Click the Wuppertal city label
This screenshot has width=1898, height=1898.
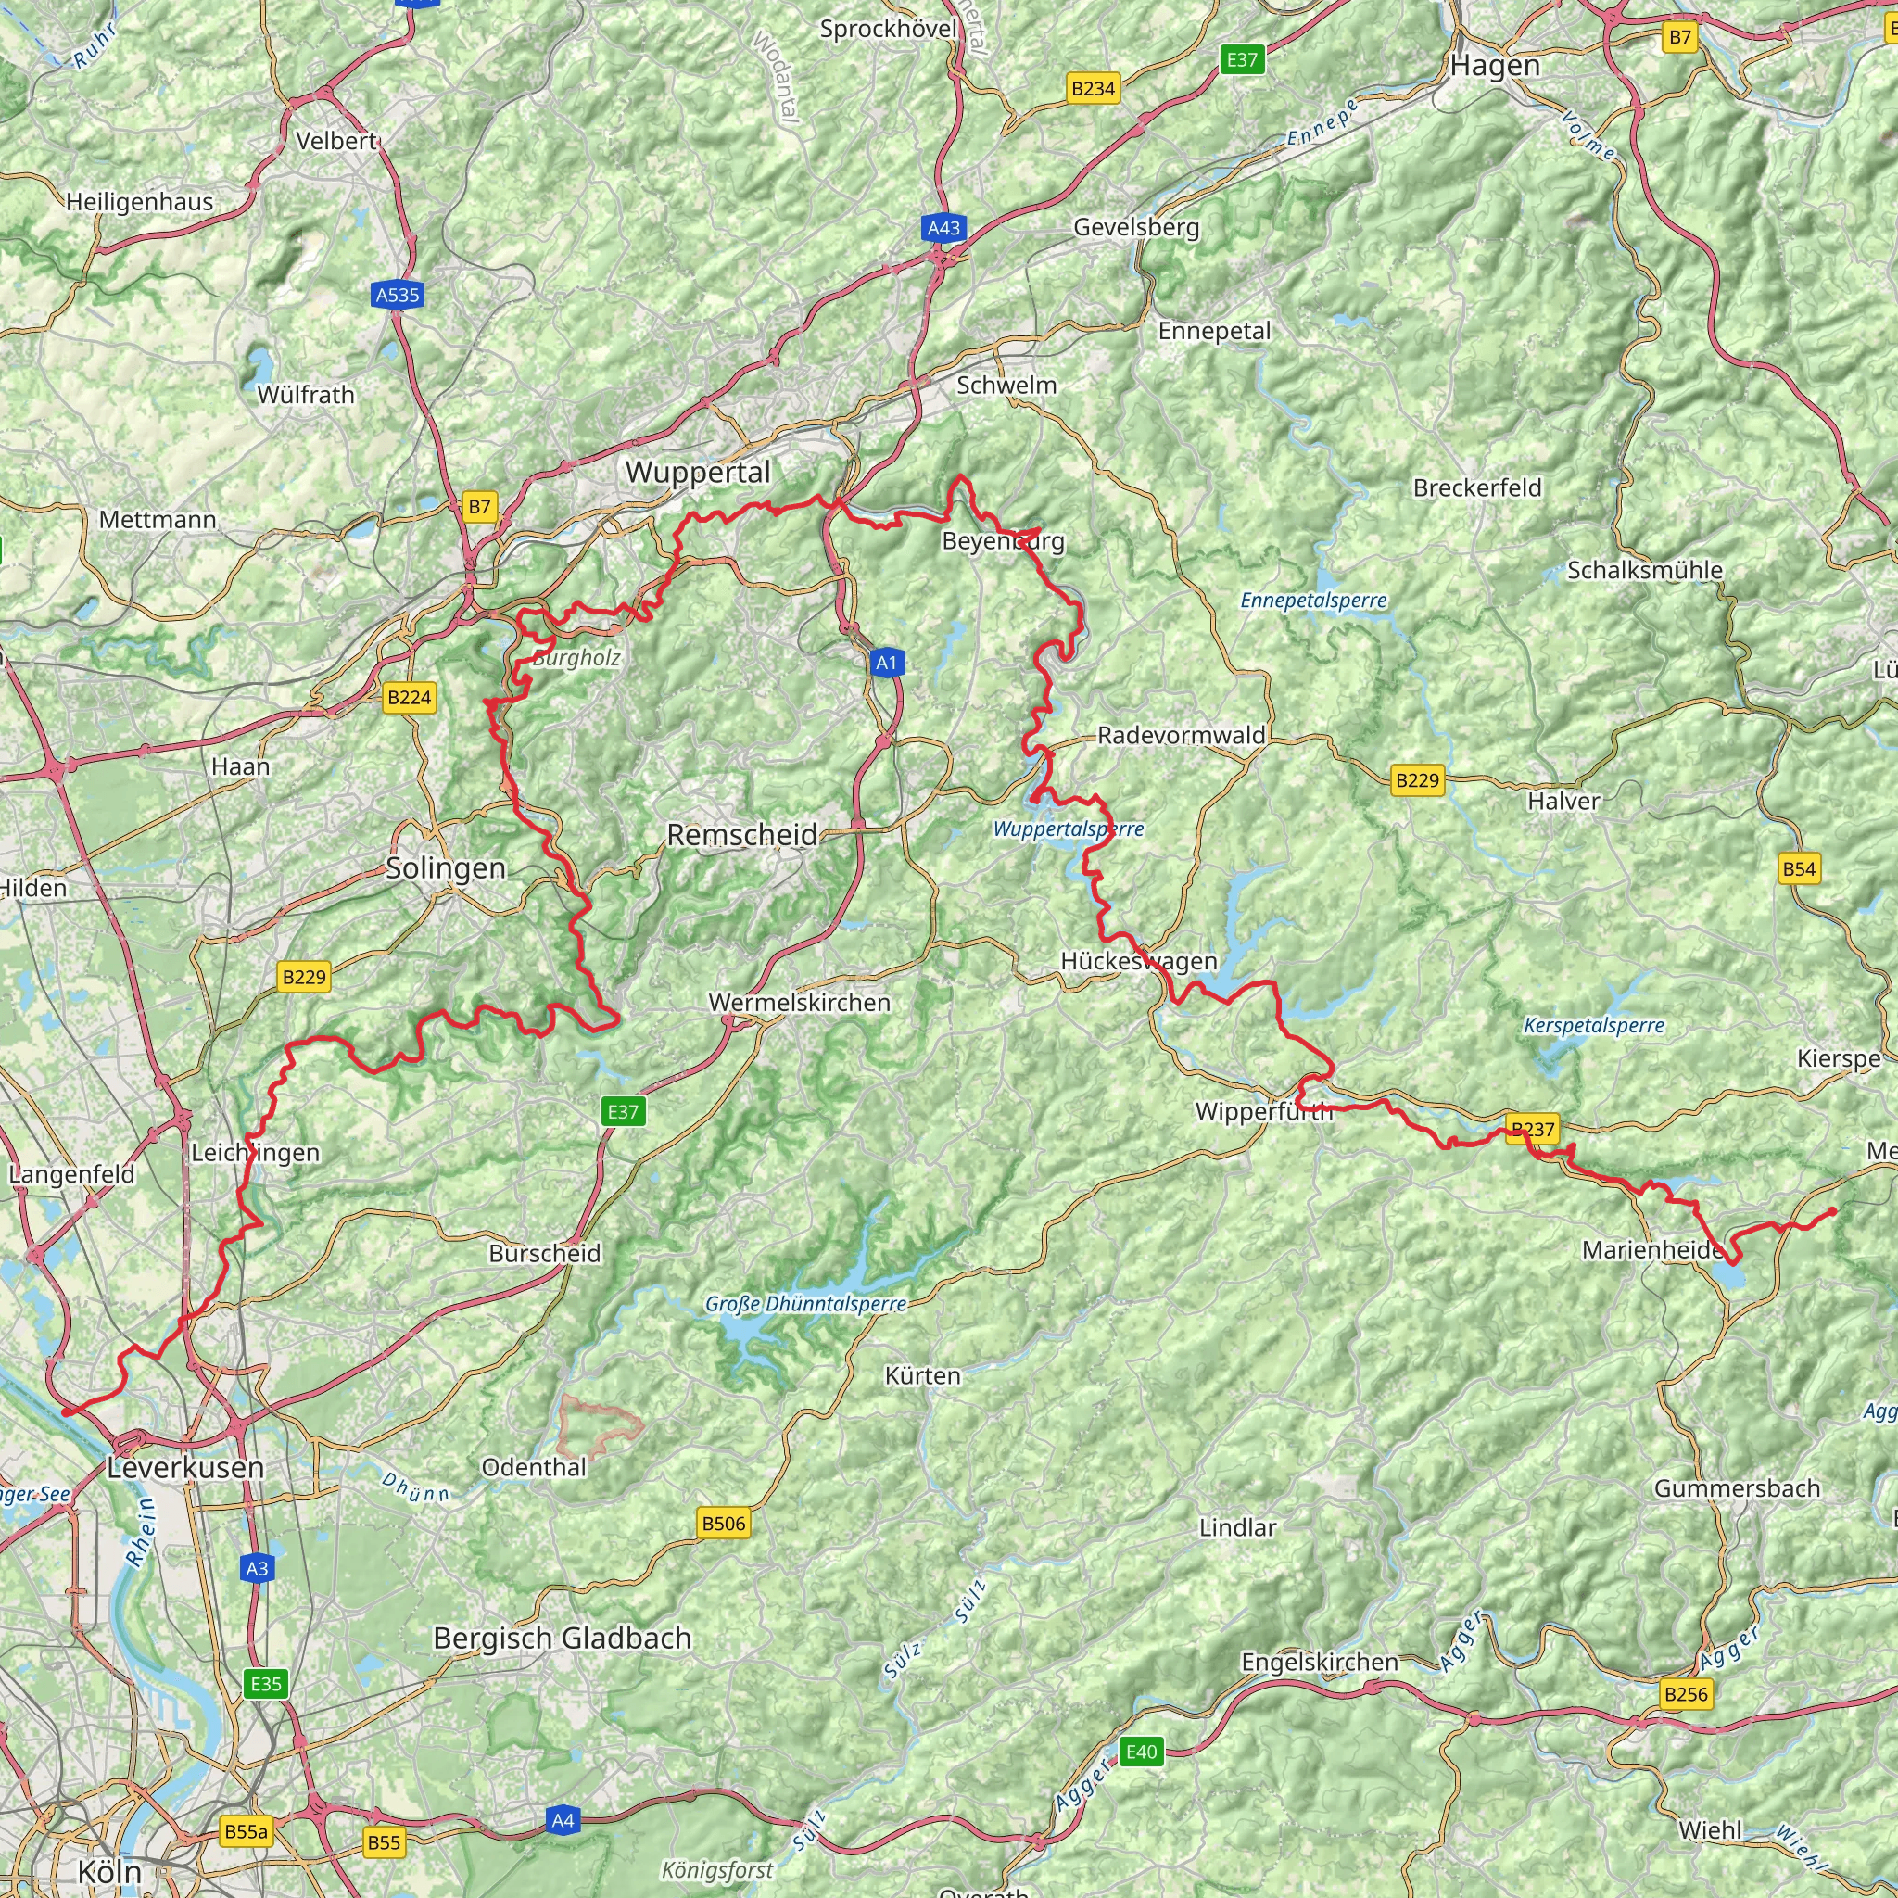pos(698,473)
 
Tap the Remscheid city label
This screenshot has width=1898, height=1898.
pos(741,835)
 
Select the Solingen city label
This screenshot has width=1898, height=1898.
pos(445,868)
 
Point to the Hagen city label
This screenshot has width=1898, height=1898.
pos(1495,66)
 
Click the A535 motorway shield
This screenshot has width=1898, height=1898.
pos(398,295)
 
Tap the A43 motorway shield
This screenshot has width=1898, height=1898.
pos(943,228)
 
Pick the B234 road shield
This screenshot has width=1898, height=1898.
pos(1093,89)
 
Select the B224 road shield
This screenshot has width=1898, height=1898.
pos(409,698)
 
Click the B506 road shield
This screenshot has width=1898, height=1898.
pos(724,1524)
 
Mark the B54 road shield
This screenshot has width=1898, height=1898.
pos(1799,868)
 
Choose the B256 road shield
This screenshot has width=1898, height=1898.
pos(1686,1694)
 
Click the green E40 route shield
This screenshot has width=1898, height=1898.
pos(1141,1752)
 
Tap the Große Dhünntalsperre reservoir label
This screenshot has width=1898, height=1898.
pos(805,1305)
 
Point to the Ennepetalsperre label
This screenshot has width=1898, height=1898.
pos(1313,601)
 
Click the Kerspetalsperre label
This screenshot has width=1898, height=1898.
pos(1593,1026)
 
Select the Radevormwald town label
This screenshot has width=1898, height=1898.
pos(1181,735)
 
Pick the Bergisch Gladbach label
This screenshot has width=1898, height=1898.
pos(562,1638)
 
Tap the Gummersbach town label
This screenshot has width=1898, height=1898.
pos(1737,1488)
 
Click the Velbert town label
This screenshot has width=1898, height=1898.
pos(336,142)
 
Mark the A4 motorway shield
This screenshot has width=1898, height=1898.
pos(562,1820)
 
